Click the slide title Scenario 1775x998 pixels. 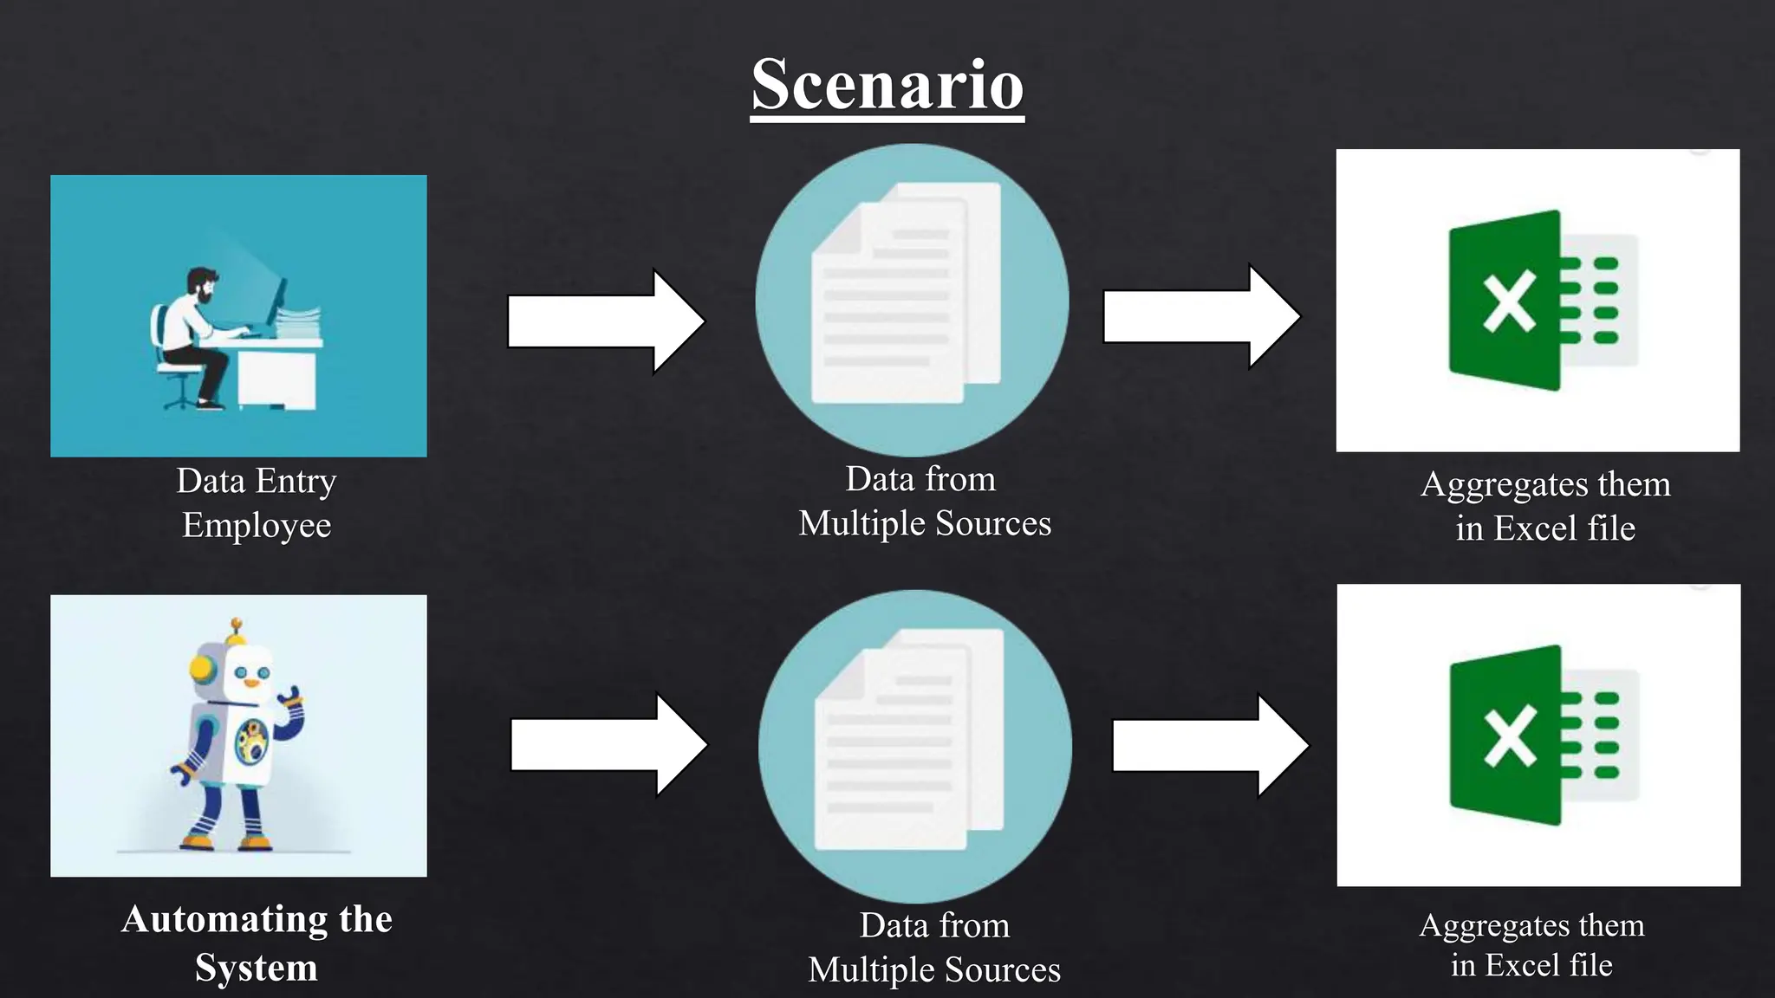point(887,85)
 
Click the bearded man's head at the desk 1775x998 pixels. point(203,284)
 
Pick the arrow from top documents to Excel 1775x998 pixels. point(1200,317)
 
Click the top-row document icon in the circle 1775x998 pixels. point(901,295)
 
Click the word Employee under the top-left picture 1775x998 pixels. point(257,525)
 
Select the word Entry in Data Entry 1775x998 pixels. point(296,481)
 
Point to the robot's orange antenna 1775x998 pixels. point(236,625)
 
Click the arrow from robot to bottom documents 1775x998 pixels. point(608,745)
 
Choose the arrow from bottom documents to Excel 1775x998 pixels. point(1210,746)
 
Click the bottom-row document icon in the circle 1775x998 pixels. point(906,741)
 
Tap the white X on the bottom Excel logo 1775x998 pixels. point(1509,736)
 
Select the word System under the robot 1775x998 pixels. point(257,968)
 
